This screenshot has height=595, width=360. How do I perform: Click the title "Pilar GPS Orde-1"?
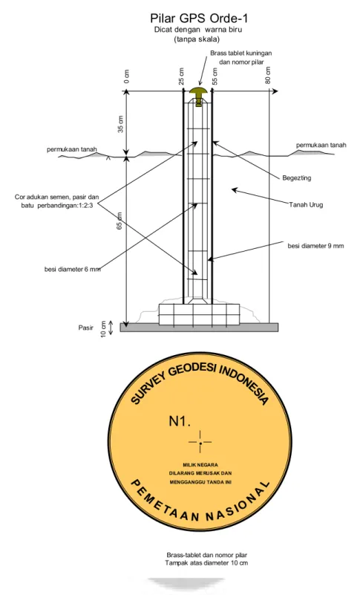tap(199, 19)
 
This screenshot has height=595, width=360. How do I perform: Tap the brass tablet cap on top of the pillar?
tap(197, 91)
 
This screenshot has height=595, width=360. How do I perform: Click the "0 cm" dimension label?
tap(127, 77)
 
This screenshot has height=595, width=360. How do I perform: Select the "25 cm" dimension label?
tap(181, 77)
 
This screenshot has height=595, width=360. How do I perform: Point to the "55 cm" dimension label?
tap(215, 77)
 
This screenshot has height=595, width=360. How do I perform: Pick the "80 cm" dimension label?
tap(268, 76)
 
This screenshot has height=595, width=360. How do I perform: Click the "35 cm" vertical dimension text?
tap(121, 124)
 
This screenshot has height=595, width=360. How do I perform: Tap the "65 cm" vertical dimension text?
tap(120, 220)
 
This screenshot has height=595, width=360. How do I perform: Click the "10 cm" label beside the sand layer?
tap(104, 328)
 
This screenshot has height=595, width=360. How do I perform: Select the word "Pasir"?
tap(86, 328)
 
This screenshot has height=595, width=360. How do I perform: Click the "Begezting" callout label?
tap(297, 178)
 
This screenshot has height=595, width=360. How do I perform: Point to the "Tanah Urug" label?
tap(306, 205)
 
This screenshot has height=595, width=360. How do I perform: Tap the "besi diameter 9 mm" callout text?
tap(315, 246)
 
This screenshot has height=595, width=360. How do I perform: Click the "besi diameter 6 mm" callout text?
tap(73, 270)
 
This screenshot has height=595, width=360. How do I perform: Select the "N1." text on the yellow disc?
tap(180, 421)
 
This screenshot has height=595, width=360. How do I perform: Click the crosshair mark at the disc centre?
tap(200, 442)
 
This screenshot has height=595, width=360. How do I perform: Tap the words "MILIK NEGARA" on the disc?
tap(200, 465)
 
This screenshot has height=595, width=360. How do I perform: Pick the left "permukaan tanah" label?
tap(72, 149)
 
